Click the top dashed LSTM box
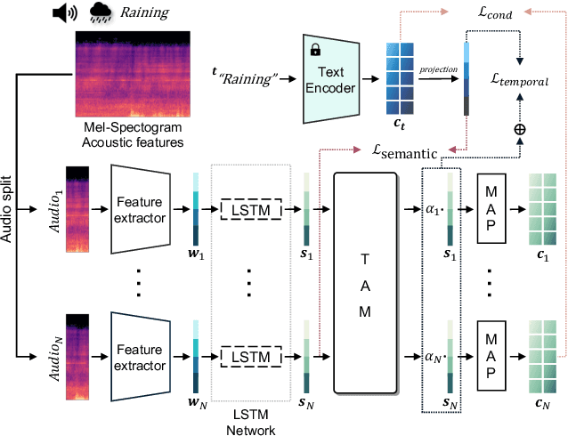pyautogui.click(x=250, y=210)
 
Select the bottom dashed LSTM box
pyautogui.click(x=250, y=357)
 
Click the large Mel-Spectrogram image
pyautogui.click(x=133, y=77)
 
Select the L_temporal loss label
pyautogui.click(x=520, y=81)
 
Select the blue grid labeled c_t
pyautogui.click(x=400, y=79)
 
